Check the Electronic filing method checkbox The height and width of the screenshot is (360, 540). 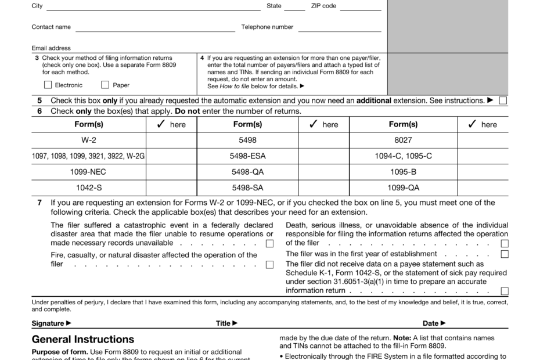(x=48, y=85)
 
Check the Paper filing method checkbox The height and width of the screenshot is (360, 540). (x=105, y=85)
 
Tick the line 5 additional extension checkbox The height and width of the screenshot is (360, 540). (x=503, y=100)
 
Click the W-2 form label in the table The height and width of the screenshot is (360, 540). (x=89, y=140)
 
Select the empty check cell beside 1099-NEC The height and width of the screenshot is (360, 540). (x=171, y=172)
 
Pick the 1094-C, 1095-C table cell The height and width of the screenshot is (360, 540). (x=403, y=156)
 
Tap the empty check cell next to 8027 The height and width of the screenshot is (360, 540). (x=483, y=140)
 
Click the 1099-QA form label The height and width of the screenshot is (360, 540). (x=403, y=188)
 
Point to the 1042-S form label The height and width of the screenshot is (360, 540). (x=89, y=188)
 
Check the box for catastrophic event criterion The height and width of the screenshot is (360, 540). (x=269, y=243)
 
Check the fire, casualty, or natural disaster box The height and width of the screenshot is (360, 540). (x=269, y=265)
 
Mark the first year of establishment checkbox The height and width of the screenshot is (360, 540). (x=505, y=254)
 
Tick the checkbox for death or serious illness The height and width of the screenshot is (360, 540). (x=505, y=243)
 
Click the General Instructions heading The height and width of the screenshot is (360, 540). (x=83, y=340)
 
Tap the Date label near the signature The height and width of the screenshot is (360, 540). (x=434, y=323)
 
